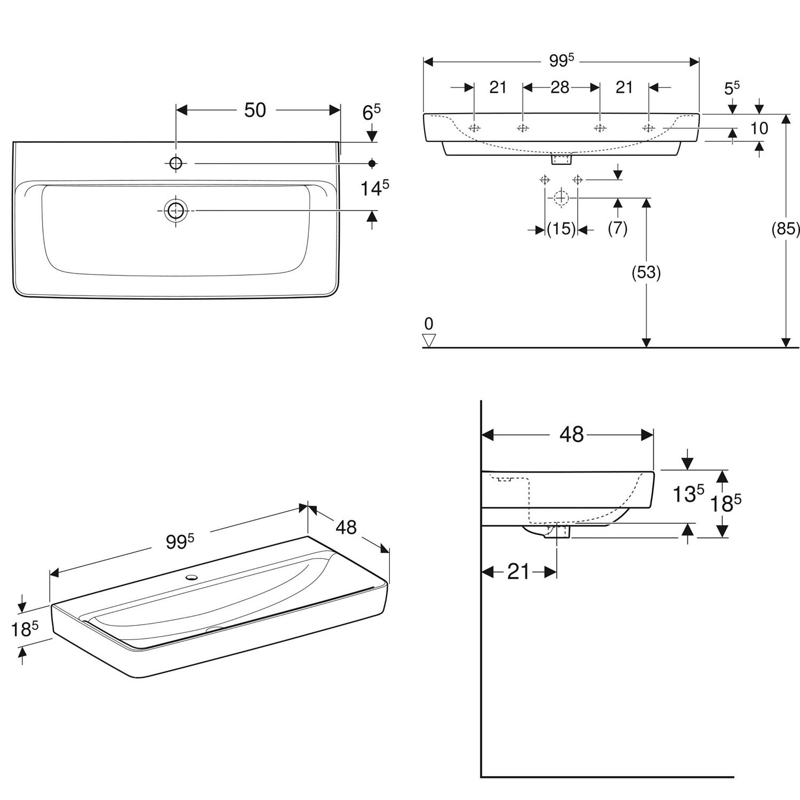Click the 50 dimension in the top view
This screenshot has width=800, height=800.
click(255, 110)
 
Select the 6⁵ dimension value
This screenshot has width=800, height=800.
click(371, 112)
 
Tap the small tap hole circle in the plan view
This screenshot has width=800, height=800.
click(175, 163)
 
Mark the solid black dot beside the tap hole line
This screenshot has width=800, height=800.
click(372, 163)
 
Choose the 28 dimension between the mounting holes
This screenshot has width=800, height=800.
click(560, 87)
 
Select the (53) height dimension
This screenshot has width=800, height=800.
click(646, 273)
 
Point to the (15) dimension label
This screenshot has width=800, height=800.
click(562, 229)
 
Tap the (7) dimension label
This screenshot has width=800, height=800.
click(618, 229)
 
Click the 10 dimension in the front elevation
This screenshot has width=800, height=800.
click(759, 128)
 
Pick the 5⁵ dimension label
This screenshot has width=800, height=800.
click(732, 88)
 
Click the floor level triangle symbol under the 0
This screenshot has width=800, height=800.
click(429, 340)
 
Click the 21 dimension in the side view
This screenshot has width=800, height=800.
click(518, 572)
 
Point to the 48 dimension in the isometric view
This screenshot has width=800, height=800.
click(346, 527)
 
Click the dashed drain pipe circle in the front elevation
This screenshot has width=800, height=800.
click(561, 197)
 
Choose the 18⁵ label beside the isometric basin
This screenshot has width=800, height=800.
click(25, 630)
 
